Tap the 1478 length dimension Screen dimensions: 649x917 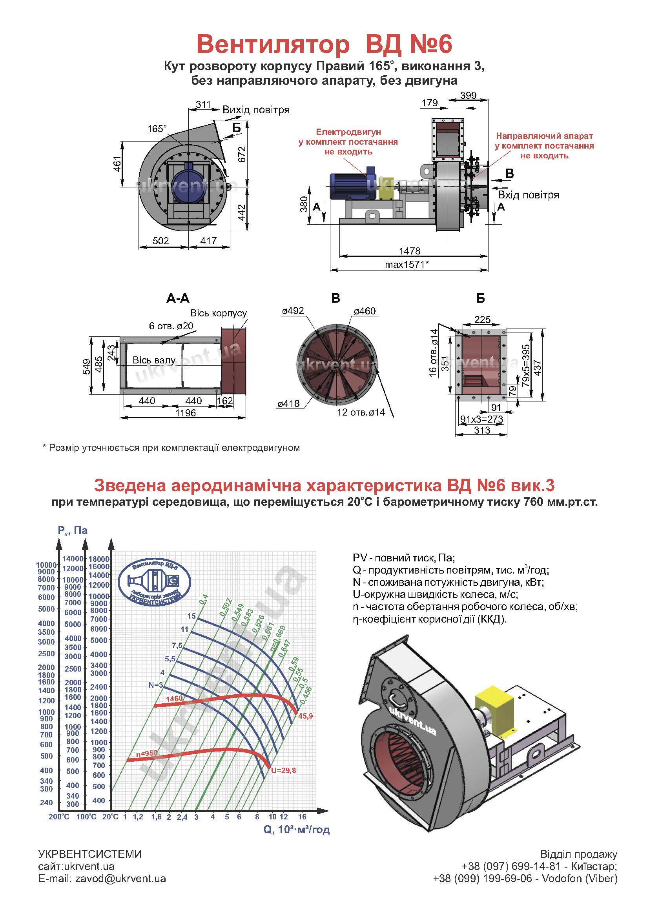coord(410,251)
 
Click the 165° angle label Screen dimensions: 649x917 coord(157,129)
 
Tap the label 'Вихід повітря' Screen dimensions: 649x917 coord(256,110)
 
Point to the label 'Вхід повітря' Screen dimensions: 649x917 coord(528,195)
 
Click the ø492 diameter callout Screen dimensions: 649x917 coord(293,311)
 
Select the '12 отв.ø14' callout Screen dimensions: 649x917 coord(361,412)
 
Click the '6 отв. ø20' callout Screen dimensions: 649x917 coord(171,326)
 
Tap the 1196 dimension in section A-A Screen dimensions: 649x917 coord(186,412)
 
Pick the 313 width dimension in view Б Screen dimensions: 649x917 coord(482,430)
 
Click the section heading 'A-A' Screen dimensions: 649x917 coord(178,298)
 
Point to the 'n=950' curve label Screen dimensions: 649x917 coord(147,753)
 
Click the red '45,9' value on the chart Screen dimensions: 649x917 coord(305,716)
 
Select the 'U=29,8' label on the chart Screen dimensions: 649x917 coord(283,770)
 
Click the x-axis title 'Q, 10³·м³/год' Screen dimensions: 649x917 coord(297,830)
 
